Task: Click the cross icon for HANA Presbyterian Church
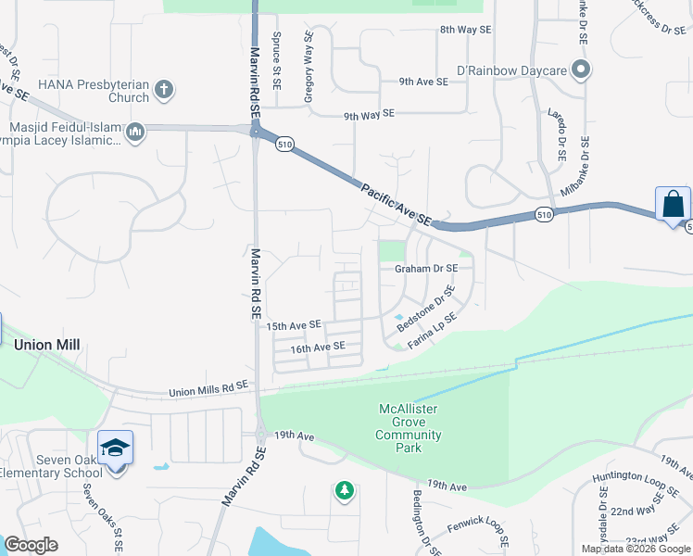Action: [x=163, y=90]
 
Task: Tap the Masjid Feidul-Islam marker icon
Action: [x=135, y=133]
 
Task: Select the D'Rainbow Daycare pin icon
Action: [x=580, y=69]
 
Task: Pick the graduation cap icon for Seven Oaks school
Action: [x=116, y=449]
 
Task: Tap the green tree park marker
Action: [x=345, y=489]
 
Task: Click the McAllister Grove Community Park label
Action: [x=409, y=428]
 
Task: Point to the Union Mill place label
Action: [x=47, y=345]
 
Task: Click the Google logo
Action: [x=31, y=545]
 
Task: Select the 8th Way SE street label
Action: [x=466, y=30]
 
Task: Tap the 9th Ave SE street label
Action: [x=424, y=82]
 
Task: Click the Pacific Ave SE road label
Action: [x=397, y=203]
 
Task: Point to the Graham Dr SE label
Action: [x=426, y=269]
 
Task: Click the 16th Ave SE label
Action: [x=318, y=347]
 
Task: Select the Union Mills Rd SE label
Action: [x=208, y=389]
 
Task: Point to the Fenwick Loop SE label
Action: [x=478, y=532]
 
